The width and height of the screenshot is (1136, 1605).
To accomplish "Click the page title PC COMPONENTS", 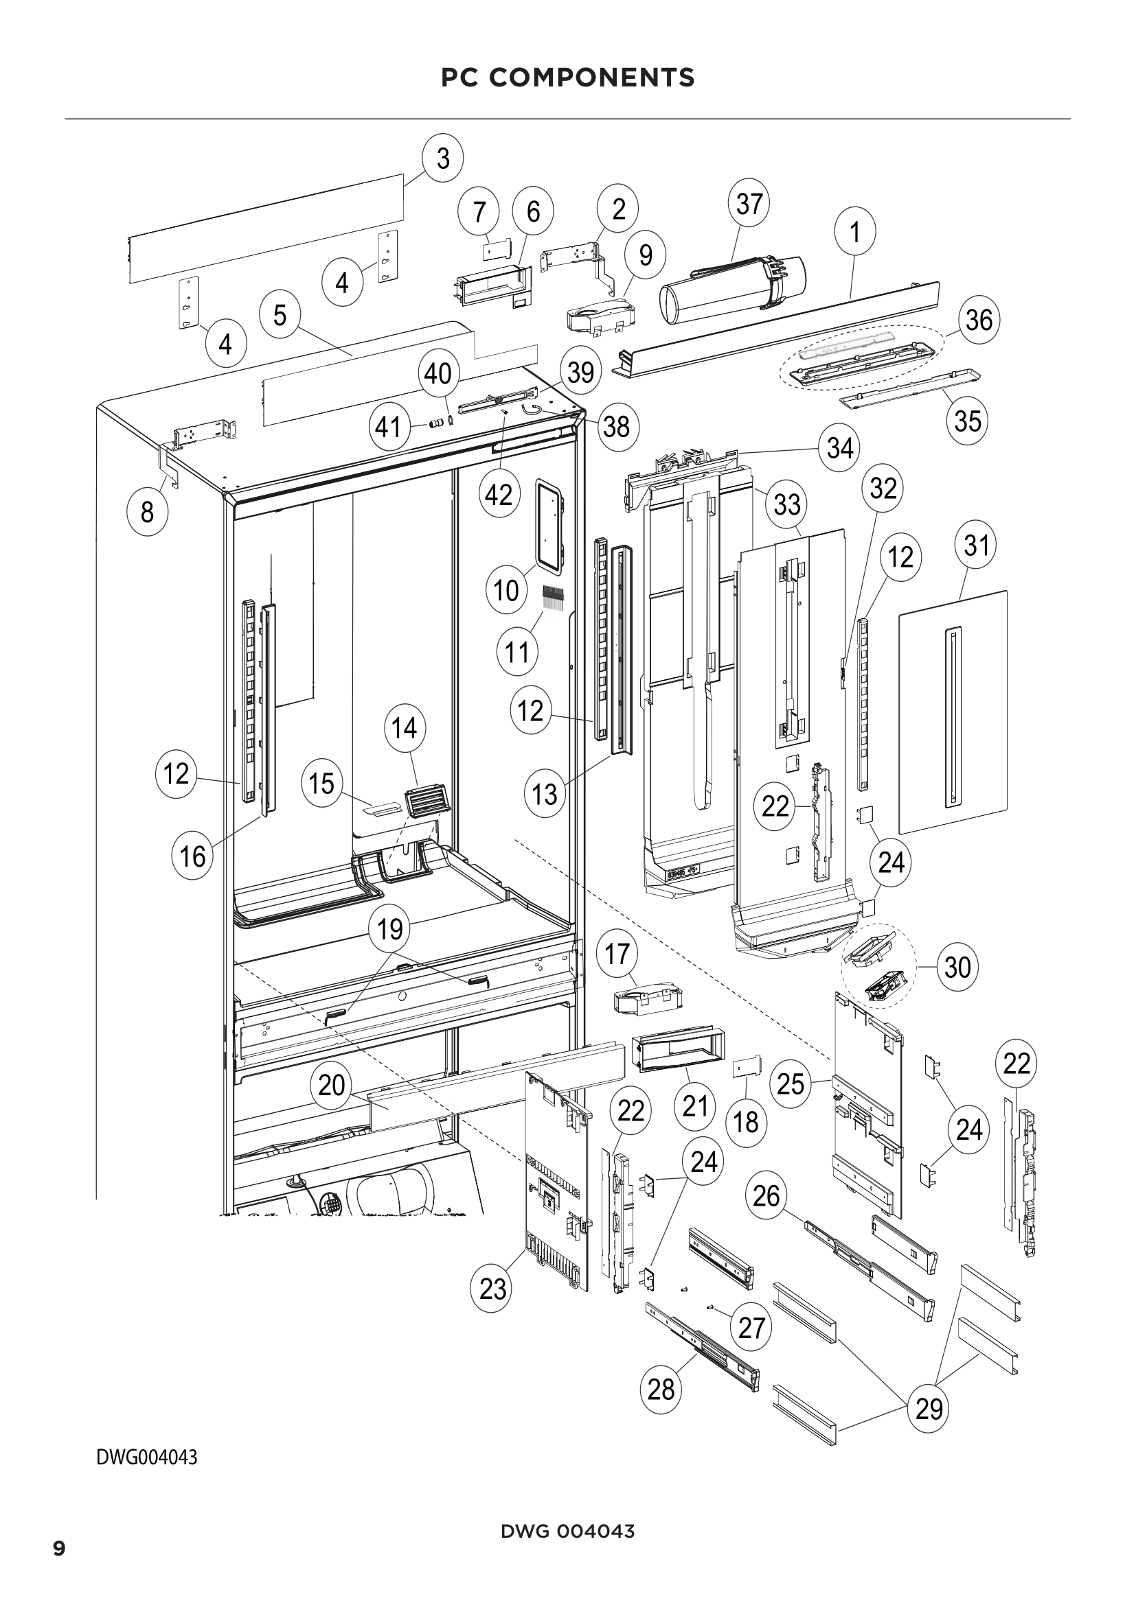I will pos(567,78).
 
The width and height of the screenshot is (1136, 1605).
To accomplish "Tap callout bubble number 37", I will pos(749,204).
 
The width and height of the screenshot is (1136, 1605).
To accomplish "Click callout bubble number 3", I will pos(444,159).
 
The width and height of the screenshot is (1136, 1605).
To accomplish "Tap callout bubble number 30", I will pos(957,968).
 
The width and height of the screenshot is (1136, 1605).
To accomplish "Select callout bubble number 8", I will pos(147,513).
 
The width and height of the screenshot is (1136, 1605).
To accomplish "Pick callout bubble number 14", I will pos(405,729).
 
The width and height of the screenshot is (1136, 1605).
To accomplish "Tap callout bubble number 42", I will pos(499,495).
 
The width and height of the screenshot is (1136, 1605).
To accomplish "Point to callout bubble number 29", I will pos(929,1409).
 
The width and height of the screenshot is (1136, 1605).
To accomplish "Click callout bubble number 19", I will pos(390,930).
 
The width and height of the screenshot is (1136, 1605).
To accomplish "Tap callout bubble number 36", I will pos(979,320).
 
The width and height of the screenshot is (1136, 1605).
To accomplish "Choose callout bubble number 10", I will pos(506,591).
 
